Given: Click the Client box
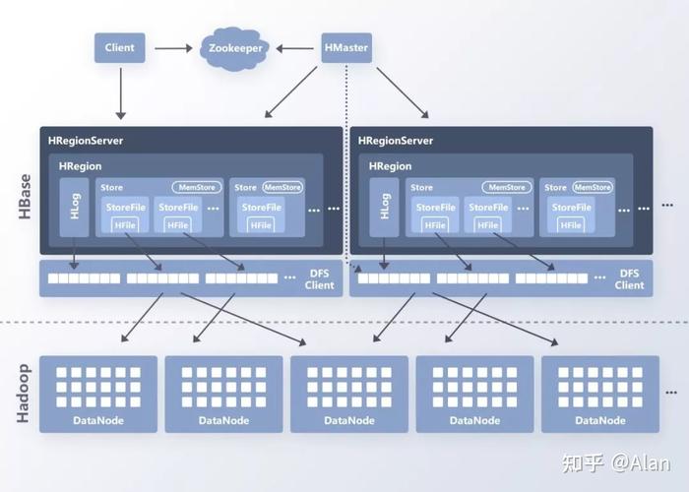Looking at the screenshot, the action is tap(119, 47).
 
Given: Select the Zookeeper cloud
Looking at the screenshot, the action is tap(235, 48).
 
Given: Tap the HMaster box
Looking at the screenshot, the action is tap(346, 47).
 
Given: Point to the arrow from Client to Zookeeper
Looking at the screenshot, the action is tap(173, 48).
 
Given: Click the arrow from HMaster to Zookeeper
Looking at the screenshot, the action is tap(295, 48).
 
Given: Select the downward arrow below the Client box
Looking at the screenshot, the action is tap(121, 93).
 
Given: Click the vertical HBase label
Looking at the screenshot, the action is tap(25, 197).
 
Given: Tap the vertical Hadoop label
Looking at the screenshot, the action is tap(24, 394).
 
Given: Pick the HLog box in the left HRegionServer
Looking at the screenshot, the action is tap(74, 208).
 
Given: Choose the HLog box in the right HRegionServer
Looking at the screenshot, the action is tap(384, 208).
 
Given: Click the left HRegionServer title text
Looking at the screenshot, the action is tap(86, 141).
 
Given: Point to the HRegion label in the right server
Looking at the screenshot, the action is tap(390, 166).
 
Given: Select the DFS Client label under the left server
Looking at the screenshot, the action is tap(320, 278).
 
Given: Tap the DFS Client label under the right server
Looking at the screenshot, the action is tap(629, 278).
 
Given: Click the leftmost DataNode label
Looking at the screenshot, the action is tap(98, 420).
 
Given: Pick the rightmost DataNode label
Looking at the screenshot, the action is tap(600, 420).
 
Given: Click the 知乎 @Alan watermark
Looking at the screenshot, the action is tap(616, 463).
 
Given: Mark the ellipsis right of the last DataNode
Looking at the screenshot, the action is tap(671, 393).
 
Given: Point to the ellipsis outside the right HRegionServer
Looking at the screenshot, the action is tap(667, 205).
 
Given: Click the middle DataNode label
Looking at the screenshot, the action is tap(349, 420).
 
